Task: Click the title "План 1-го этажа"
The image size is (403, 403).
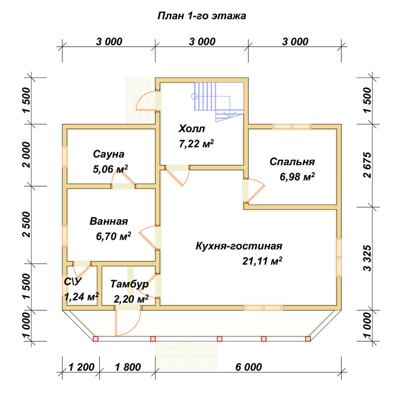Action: pyautogui.click(x=201, y=16)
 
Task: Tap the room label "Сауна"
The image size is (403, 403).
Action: pyautogui.click(x=109, y=154)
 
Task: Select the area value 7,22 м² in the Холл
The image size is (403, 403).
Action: pyautogui.click(x=196, y=144)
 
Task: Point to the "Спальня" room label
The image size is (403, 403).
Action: pyautogui.click(x=292, y=162)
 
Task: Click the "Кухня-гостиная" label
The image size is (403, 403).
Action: pyautogui.click(x=239, y=246)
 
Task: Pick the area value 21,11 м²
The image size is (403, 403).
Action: pyautogui.click(x=262, y=261)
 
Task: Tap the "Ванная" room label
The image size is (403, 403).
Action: pyautogui.click(x=109, y=221)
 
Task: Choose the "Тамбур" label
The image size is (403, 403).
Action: pyautogui.click(x=129, y=284)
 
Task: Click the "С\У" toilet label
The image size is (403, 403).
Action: pyautogui.click(x=73, y=282)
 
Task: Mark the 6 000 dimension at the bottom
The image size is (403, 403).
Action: pyautogui.click(x=249, y=367)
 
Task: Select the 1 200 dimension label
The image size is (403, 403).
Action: pyautogui.click(x=81, y=367)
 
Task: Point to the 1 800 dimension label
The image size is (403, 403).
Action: pyautogui.click(x=128, y=367)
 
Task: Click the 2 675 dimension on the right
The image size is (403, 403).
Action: pyautogui.click(x=368, y=165)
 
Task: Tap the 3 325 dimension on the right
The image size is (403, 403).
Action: pyautogui.click(x=368, y=258)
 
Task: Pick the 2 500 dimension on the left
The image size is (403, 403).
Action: pyautogui.click(x=27, y=224)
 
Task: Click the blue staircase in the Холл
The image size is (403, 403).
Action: pyautogui.click(x=219, y=102)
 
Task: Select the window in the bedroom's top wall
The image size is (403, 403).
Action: pyautogui.click(x=292, y=127)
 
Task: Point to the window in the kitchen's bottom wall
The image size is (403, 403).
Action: pyautogui.click(x=263, y=308)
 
